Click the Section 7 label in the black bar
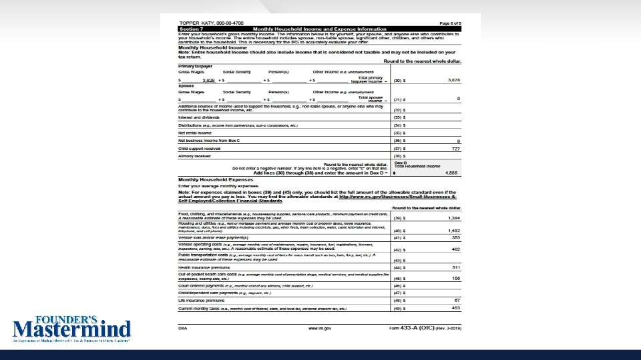192,29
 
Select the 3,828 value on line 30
455,79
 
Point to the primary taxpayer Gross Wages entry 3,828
209,79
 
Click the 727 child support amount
457,149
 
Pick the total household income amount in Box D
452,172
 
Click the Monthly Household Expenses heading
216,180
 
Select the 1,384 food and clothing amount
454,218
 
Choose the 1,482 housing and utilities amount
454,230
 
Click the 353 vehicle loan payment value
456,237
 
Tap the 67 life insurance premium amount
458,301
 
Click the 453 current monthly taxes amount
456,308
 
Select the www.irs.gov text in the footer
319,328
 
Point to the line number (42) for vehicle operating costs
397,249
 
